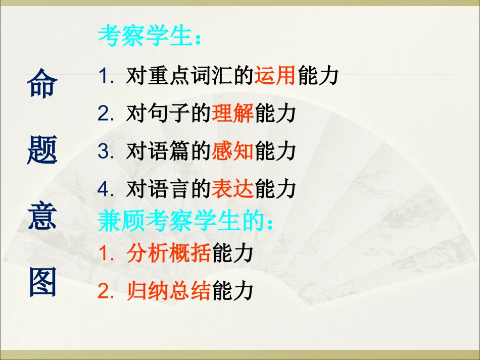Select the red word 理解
tap(233, 114)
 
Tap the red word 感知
tap(233, 151)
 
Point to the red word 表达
tap(233, 188)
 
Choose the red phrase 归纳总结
tap(169, 291)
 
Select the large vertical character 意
tap(42, 216)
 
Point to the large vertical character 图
tap(42, 281)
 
